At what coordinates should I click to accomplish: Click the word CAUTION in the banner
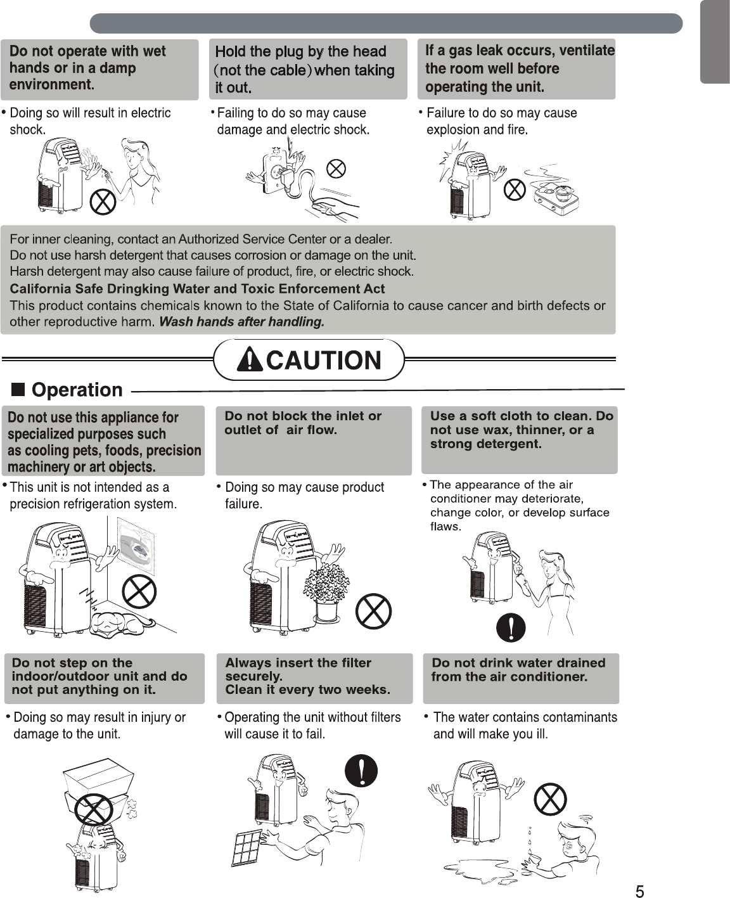click(x=323, y=361)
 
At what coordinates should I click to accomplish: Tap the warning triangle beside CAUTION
click(x=250, y=360)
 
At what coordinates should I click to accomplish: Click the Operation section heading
click(x=77, y=390)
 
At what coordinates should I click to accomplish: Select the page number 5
click(x=639, y=892)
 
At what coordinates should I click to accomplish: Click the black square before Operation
click(x=18, y=389)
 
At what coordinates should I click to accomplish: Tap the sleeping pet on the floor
click(x=120, y=624)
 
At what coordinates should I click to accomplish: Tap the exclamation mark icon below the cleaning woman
click(x=511, y=627)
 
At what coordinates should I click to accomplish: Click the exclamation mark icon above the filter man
click(x=361, y=771)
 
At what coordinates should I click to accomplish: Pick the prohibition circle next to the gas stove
click(x=515, y=189)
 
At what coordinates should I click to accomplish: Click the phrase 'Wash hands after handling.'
click(x=241, y=322)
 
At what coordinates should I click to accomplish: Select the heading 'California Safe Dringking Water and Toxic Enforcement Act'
click(x=197, y=289)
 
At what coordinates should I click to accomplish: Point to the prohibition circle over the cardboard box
click(x=93, y=809)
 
